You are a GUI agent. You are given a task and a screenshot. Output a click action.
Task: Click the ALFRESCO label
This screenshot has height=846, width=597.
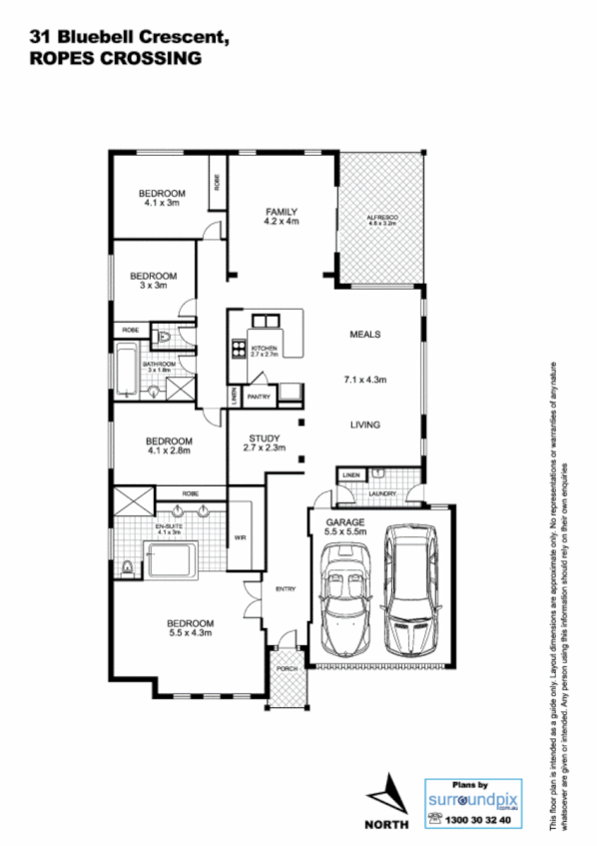[x=381, y=219]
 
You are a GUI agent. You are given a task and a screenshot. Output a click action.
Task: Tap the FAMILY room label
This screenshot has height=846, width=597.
[x=282, y=211]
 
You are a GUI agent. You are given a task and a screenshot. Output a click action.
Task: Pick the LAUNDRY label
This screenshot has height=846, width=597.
[x=382, y=492]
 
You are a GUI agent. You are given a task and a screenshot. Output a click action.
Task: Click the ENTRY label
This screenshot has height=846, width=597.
[x=286, y=589]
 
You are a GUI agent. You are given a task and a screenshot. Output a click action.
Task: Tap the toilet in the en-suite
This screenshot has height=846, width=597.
[x=125, y=568]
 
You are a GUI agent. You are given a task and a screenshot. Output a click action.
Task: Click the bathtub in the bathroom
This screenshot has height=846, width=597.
[x=125, y=370]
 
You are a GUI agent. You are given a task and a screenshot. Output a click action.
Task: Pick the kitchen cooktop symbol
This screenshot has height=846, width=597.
[x=240, y=349]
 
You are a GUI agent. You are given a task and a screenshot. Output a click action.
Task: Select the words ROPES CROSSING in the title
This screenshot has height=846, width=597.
[x=115, y=59]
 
